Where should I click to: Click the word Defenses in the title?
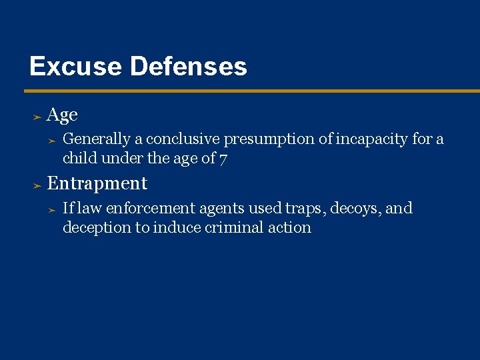[x=189, y=66]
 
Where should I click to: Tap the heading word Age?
[x=63, y=115]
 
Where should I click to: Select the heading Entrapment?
[x=97, y=183]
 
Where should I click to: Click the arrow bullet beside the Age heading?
[x=37, y=117]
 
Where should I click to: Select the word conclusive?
[x=183, y=139]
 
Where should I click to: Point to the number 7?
[x=224, y=158]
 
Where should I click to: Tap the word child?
[x=79, y=158]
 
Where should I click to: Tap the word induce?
[x=177, y=227]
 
